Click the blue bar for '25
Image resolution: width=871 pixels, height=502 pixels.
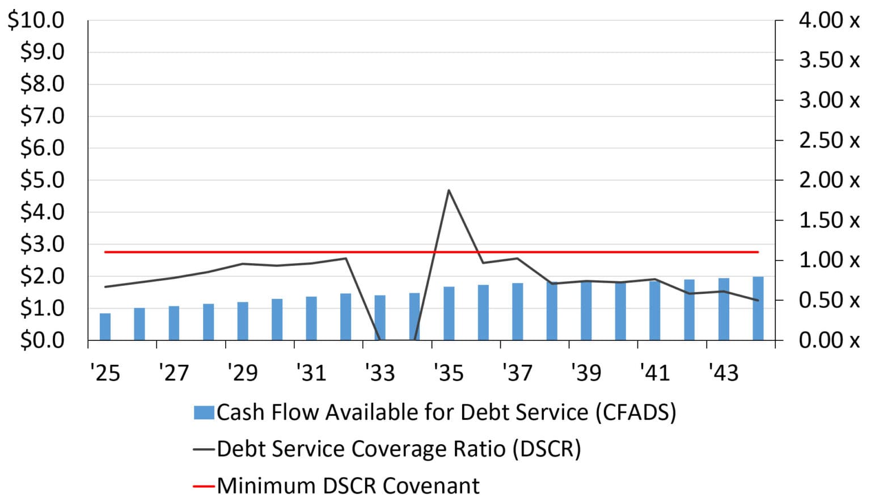(x=105, y=327)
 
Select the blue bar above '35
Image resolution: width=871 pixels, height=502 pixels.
(x=449, y=314)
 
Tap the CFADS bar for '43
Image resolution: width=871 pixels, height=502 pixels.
(x=724, y=309)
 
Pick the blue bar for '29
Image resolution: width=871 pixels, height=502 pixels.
(x=243, y=321)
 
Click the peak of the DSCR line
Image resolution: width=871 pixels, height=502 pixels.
(x=449, y=190)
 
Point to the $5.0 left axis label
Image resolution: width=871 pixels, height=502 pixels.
(x=43, y=180)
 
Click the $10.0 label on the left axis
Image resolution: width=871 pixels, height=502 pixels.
(x=36, y=20)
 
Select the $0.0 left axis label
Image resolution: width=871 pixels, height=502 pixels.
(x=43, y=340)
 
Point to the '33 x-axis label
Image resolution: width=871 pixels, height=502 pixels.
(x=380, y=373)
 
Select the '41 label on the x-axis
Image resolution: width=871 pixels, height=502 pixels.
(x=655, y=373)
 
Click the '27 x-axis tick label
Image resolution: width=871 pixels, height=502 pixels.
(x=174, y=373)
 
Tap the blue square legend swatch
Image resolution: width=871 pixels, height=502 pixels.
(x=204, y=412)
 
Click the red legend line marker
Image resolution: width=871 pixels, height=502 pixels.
(x=204, y=486)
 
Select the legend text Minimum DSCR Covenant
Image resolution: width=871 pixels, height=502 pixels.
(x=348, y=486)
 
